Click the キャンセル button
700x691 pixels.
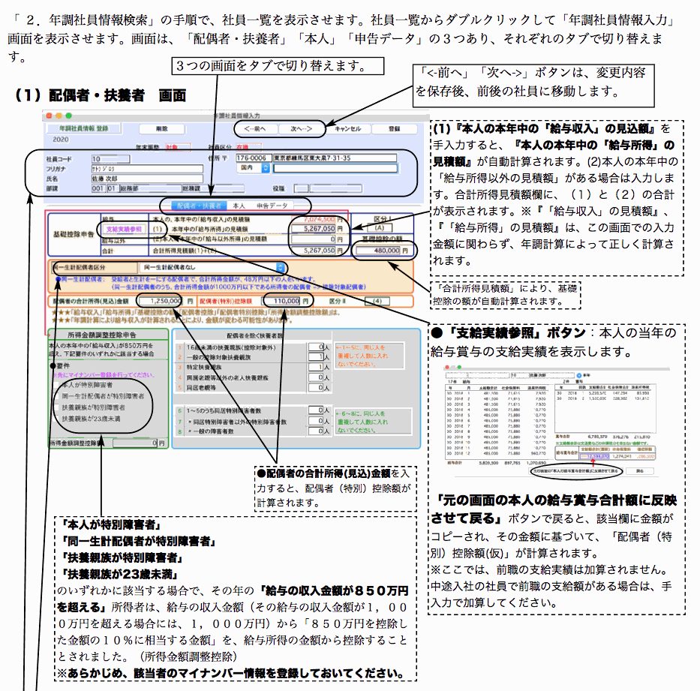coord(347,128)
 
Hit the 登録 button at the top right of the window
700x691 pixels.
coord(395,128)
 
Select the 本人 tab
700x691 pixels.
coord(239,205)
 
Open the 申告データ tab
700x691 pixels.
coord(271,205)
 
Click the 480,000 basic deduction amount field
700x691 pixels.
coord(383,251)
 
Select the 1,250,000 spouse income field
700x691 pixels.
coord(160,300)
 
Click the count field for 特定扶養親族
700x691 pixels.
coord(315,368)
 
